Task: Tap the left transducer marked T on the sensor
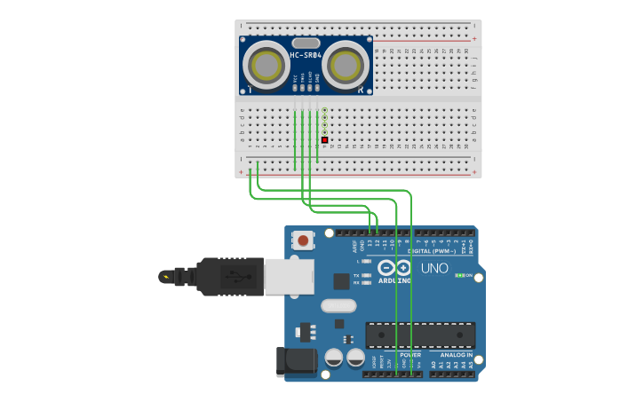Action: (266, 65)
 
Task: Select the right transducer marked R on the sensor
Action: (346, 65)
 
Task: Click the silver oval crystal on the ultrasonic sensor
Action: (305, 43)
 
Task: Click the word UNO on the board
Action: (434, 268)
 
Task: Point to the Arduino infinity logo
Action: (394, 268)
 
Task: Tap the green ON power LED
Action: (460, 275)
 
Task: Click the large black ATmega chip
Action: (420, 335)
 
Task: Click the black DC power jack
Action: (297, 360)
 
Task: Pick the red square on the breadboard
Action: (325, 140)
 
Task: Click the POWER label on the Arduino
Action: (399, 354)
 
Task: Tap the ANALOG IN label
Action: (457, 354)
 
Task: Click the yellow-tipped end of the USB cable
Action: (164, 277)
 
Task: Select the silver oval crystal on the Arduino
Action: (338, 306)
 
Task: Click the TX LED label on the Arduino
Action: (356, 275)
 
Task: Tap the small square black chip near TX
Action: (341, 280)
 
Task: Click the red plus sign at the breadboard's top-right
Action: (474, 39)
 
